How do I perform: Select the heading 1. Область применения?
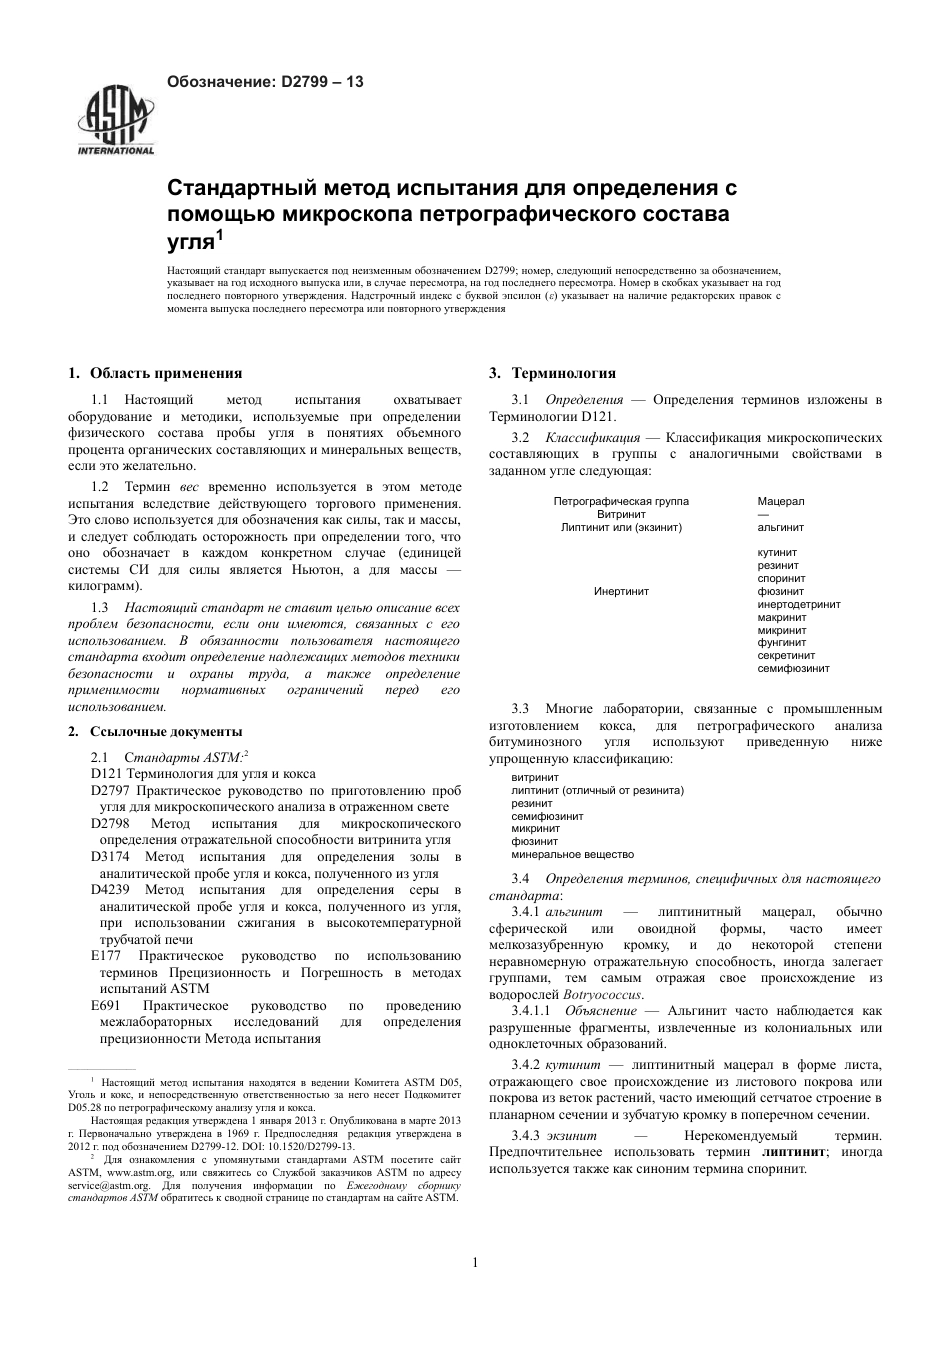155,373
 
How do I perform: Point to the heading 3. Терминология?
552,373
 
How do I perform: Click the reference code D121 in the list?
106,773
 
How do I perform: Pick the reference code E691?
106,1005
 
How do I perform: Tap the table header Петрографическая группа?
621,501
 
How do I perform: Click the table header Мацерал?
781,501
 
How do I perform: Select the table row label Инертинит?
621,591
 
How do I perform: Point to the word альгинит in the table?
781,527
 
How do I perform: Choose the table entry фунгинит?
782,643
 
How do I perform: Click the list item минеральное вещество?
572,855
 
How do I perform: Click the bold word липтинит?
794,1151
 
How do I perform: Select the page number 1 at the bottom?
475,1262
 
